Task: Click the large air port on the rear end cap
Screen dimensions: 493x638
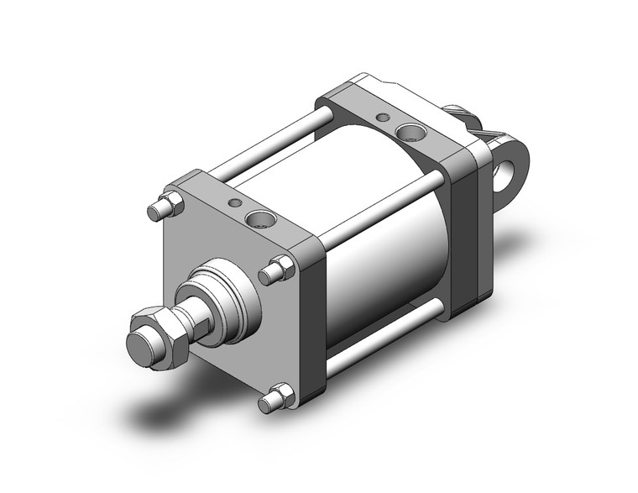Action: [x=411, y=131]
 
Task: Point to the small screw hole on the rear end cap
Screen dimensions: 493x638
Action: [x=384, y=117]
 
